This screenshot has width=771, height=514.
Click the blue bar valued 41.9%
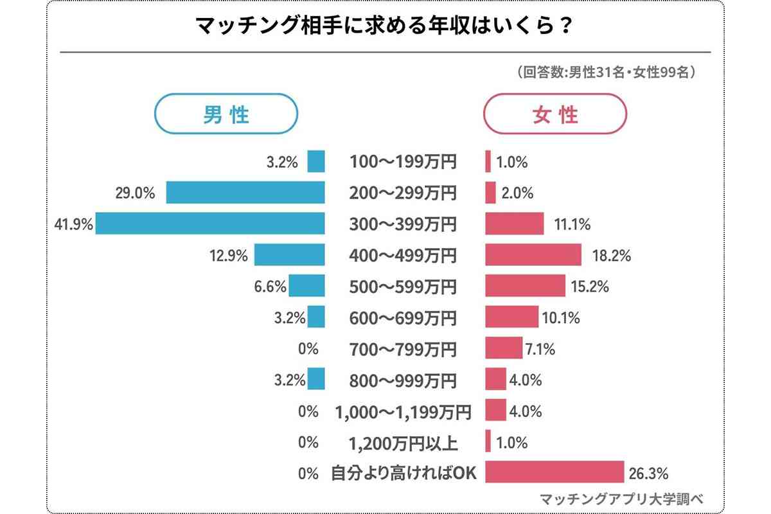pyautogui.click(x=210, y=224)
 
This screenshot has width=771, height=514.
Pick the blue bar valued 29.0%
pyautogui.click(x=245, y=193)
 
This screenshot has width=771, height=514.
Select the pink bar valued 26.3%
pyautogui.click(x=554, y=472)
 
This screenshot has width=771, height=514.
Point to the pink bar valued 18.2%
pyautogui.click(x=533, y=255)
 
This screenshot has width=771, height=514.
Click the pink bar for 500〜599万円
pyautogui.click(x=525, y=287)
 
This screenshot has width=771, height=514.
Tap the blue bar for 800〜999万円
pyautogui.click(x=316, y=380)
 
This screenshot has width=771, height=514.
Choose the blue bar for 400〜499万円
pyautogui.click(x=290, y=255)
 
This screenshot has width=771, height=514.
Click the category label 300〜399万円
pyautogui.click(x=403, y=224)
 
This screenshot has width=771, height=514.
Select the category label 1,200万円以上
pyautogui.click(x=403, y=443)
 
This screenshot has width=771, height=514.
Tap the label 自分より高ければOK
pyautogui.click(x=403, y=474)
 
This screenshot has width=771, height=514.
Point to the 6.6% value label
pyautogui.click(x=270, y=287)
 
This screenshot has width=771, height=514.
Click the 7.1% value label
pyautogui.click(x=540, y=350)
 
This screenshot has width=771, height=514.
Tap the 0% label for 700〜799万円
pyautogui.click(x=308, y=350)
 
